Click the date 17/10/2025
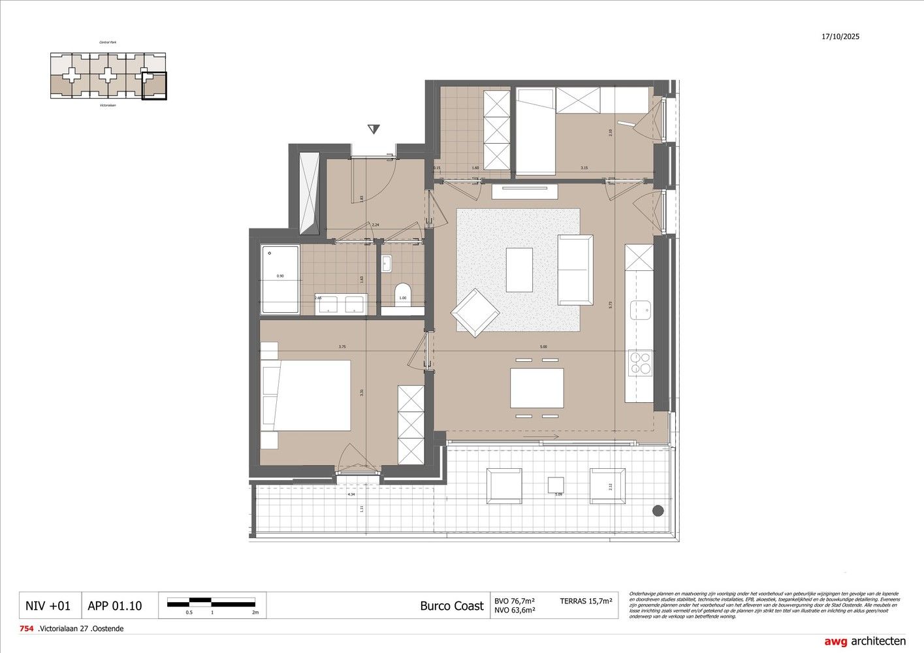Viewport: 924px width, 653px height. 840,37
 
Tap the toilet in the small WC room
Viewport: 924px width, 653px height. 402,291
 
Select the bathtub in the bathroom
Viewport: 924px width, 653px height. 280,279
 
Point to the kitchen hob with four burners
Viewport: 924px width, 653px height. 639,362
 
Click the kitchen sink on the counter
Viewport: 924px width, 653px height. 641,310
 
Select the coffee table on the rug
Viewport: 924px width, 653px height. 519,270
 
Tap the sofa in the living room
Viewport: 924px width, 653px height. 575,270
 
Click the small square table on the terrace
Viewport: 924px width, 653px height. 555,485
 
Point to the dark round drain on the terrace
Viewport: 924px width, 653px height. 658,511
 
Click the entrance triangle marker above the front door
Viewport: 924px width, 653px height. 373,129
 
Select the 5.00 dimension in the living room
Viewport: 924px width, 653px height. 543,347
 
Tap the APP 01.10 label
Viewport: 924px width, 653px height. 114,606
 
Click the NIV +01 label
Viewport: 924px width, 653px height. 48,606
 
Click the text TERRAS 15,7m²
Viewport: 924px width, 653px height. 586,601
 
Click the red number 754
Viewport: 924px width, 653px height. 26,629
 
